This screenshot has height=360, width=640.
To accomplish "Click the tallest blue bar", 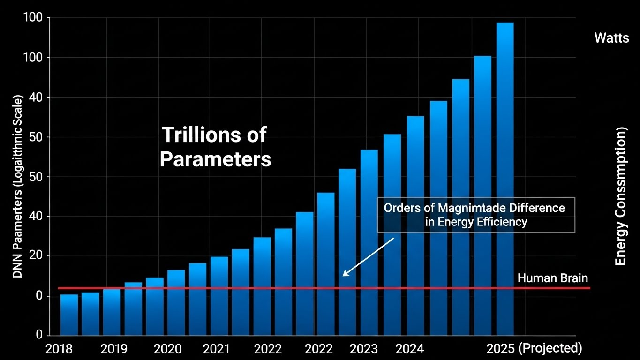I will (x=505, y=178).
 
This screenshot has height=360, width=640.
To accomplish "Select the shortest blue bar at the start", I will (x=69, y=315).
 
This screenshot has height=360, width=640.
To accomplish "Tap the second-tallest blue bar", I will (x=482, y=195).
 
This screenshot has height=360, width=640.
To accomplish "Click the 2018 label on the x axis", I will (x=59, y=349).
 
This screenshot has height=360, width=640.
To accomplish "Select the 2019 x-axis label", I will (x=114, y=349).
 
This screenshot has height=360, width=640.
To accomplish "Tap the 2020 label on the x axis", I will (x=167, y=349).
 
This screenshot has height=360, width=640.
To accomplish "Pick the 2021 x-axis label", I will (x=216, y=349).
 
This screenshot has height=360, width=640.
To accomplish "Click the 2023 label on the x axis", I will (x=363, y=349).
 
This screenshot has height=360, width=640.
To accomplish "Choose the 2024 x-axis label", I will (x=409, y=349).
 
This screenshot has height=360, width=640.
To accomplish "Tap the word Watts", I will (x=611, y=38).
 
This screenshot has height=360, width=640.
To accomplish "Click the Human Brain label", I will (x=552, y=278).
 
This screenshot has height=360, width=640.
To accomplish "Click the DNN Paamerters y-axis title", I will (x=17, y=187).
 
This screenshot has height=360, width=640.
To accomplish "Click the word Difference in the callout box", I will (x=538, y=208).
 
